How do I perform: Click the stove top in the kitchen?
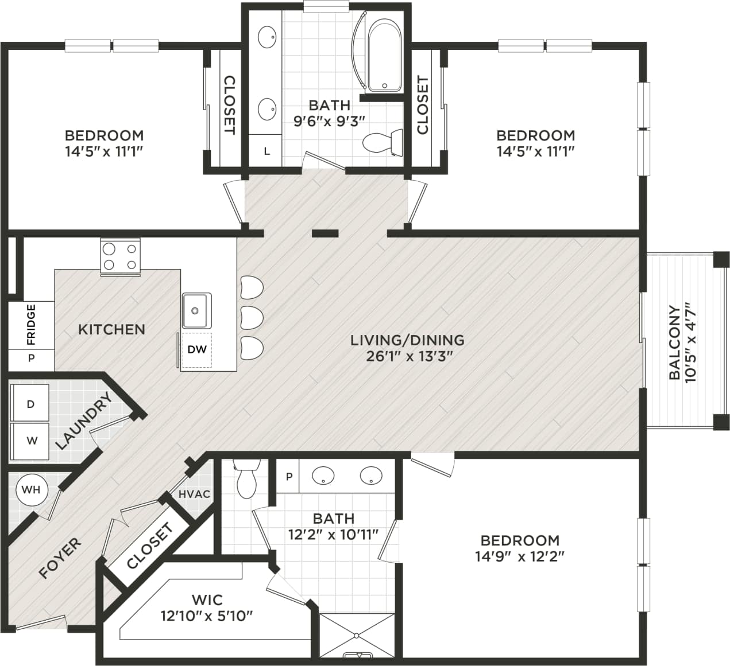point(121,256)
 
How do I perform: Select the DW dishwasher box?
point(197,349)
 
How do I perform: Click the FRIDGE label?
point(31,325)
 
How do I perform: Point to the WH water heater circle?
point(31,490)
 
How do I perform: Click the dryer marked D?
point(30,404)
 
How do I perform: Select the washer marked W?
point(32,441)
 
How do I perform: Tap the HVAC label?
point(194,494)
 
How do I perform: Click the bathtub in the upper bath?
point(384,55)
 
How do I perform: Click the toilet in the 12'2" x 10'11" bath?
point(247,481)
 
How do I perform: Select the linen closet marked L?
point(266,151)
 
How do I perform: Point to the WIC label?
point(207,600)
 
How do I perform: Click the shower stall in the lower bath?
point(357,635)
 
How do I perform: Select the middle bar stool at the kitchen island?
point(252,317)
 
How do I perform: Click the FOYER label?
point(60,558)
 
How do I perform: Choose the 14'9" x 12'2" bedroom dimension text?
point(520,556)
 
